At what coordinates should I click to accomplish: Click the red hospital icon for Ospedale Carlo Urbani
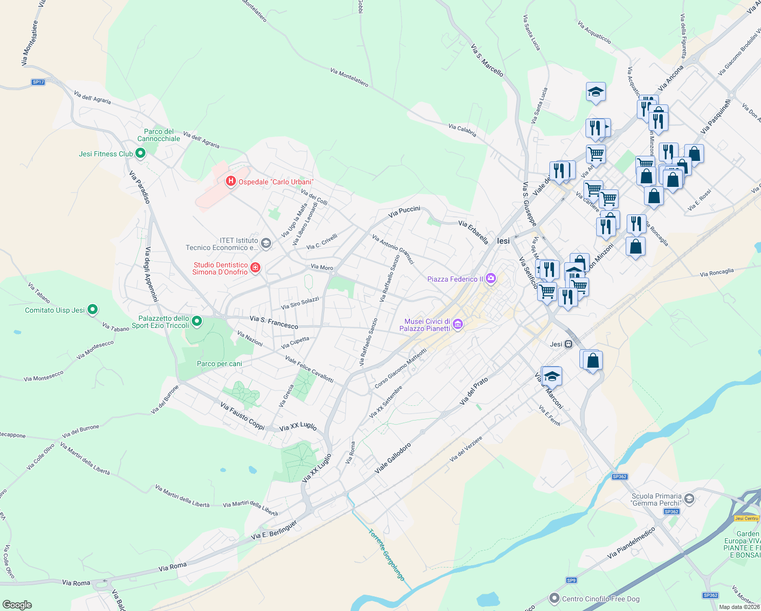coord(230,181)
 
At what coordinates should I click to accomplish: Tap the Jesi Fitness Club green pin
coord(140,153)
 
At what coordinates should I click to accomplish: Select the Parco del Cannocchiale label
coord(159,135)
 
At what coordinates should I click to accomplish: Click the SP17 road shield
coord(38,82)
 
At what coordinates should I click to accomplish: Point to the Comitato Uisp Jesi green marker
coord(93,309)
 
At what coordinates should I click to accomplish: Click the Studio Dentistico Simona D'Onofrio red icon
coord(255,267)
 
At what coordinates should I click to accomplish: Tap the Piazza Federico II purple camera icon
coord(491,278)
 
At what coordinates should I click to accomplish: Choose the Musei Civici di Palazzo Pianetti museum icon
coord(458,324)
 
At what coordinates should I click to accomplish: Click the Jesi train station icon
coord(568,344)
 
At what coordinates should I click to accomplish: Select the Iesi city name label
coord(503,241)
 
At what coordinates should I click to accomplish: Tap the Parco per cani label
coord(219,364)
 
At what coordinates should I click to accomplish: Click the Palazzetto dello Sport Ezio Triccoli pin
coord(197,321)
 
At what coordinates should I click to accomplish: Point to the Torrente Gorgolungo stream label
coord(387,555)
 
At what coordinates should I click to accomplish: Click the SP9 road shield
coord(571,580)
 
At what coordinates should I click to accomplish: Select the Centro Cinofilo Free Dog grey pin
coord(554,598)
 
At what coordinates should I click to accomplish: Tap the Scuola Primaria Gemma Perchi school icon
coord(689,498)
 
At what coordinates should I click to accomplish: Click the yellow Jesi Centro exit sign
coord(746,518)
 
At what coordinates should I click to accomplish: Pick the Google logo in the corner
coord(17,604)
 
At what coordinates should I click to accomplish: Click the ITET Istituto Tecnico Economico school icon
coord(266,243)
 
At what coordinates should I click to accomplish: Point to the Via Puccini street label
coord(404,211)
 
